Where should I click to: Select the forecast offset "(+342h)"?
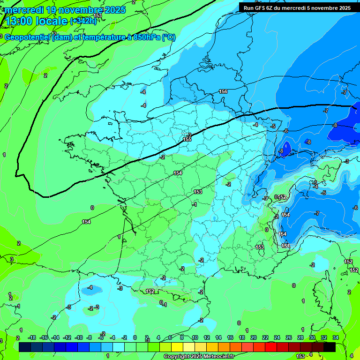pos(83,21)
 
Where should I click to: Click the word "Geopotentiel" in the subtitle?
pos(27,37)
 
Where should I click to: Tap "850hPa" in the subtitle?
pos(145,37)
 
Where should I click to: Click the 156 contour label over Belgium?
pos(223,91)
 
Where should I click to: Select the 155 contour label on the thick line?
pos(187,139)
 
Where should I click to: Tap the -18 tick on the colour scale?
pos(32,337)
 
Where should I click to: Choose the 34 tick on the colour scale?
pos(335,337)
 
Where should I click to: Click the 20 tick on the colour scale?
pos(253,337)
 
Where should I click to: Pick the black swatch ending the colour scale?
pos(330,347)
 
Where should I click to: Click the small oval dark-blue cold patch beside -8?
pos(285,149)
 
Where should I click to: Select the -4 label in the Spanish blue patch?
pos(90,287)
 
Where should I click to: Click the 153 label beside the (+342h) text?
pos(97,15)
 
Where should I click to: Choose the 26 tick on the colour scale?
pos(288,337)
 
